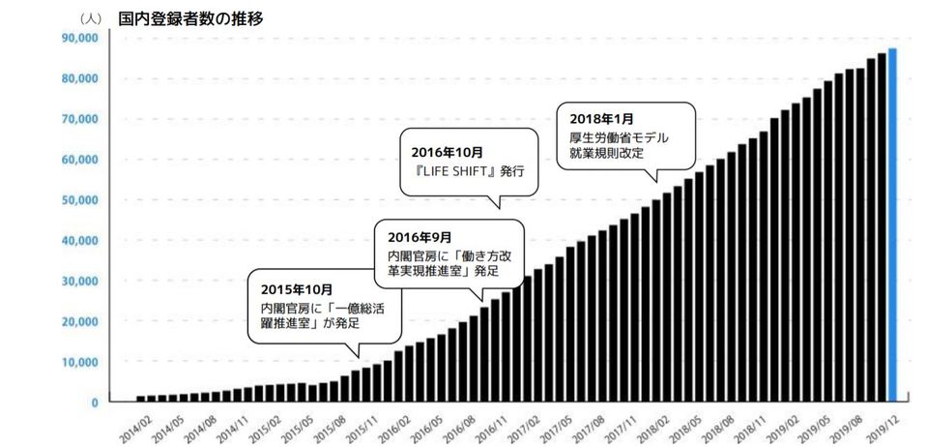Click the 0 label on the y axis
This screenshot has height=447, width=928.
click(94, 402)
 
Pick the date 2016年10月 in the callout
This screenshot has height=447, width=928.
click(449, 152)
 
